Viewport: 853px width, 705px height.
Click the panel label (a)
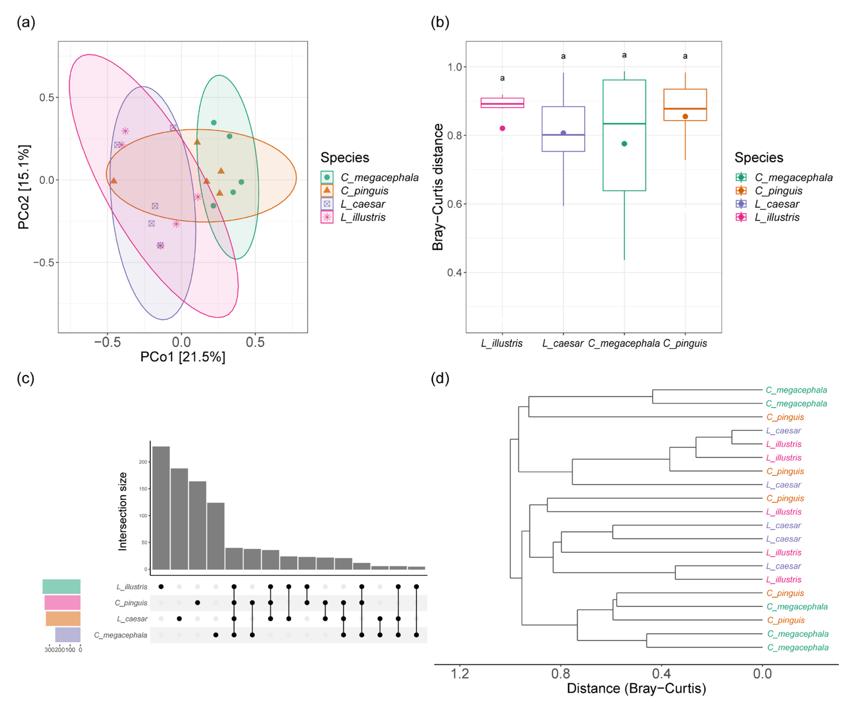click(x=26, y=22)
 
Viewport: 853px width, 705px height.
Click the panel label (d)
click(x=440, y=378)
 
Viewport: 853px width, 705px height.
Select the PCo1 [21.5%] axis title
click(x=183, y=357)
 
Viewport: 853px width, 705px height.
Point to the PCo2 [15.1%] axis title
click(x=24, y=187)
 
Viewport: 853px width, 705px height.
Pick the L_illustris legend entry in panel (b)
click(x=777, y=217)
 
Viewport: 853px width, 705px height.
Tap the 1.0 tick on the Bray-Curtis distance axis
click(x=455, y=67)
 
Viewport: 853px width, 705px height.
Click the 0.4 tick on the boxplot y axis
click(x=455, y=273)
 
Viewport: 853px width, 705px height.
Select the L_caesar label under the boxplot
click(x=563, y=344)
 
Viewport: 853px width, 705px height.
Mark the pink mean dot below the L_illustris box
click(x=502, y=128)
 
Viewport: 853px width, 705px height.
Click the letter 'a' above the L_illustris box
click(x=502, y=78)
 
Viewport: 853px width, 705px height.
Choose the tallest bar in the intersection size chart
click(x=161, y=508)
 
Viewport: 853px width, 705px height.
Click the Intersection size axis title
click(x=122, y=512)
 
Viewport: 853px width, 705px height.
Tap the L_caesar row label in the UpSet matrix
click(x=132, y=619)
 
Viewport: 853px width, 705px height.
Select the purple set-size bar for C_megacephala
click(x=68, y=635)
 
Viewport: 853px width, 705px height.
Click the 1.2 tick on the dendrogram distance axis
click(x=460, y=674)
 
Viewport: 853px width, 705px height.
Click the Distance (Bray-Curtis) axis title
click(x=636, y=688)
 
